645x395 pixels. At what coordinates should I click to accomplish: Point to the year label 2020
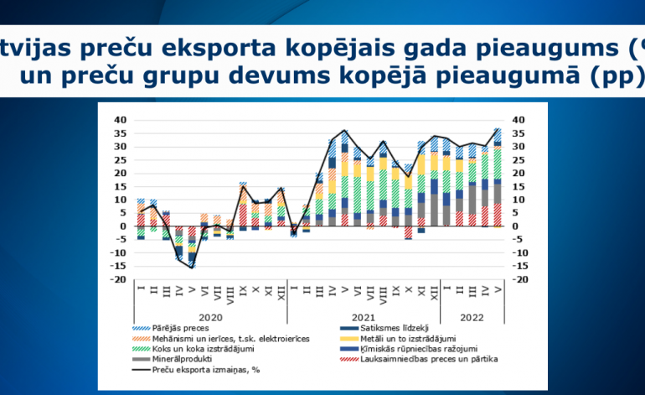click(210, 318)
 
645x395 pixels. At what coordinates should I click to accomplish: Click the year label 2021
click(364, 318)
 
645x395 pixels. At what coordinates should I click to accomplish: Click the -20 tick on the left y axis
click(118, 279)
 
